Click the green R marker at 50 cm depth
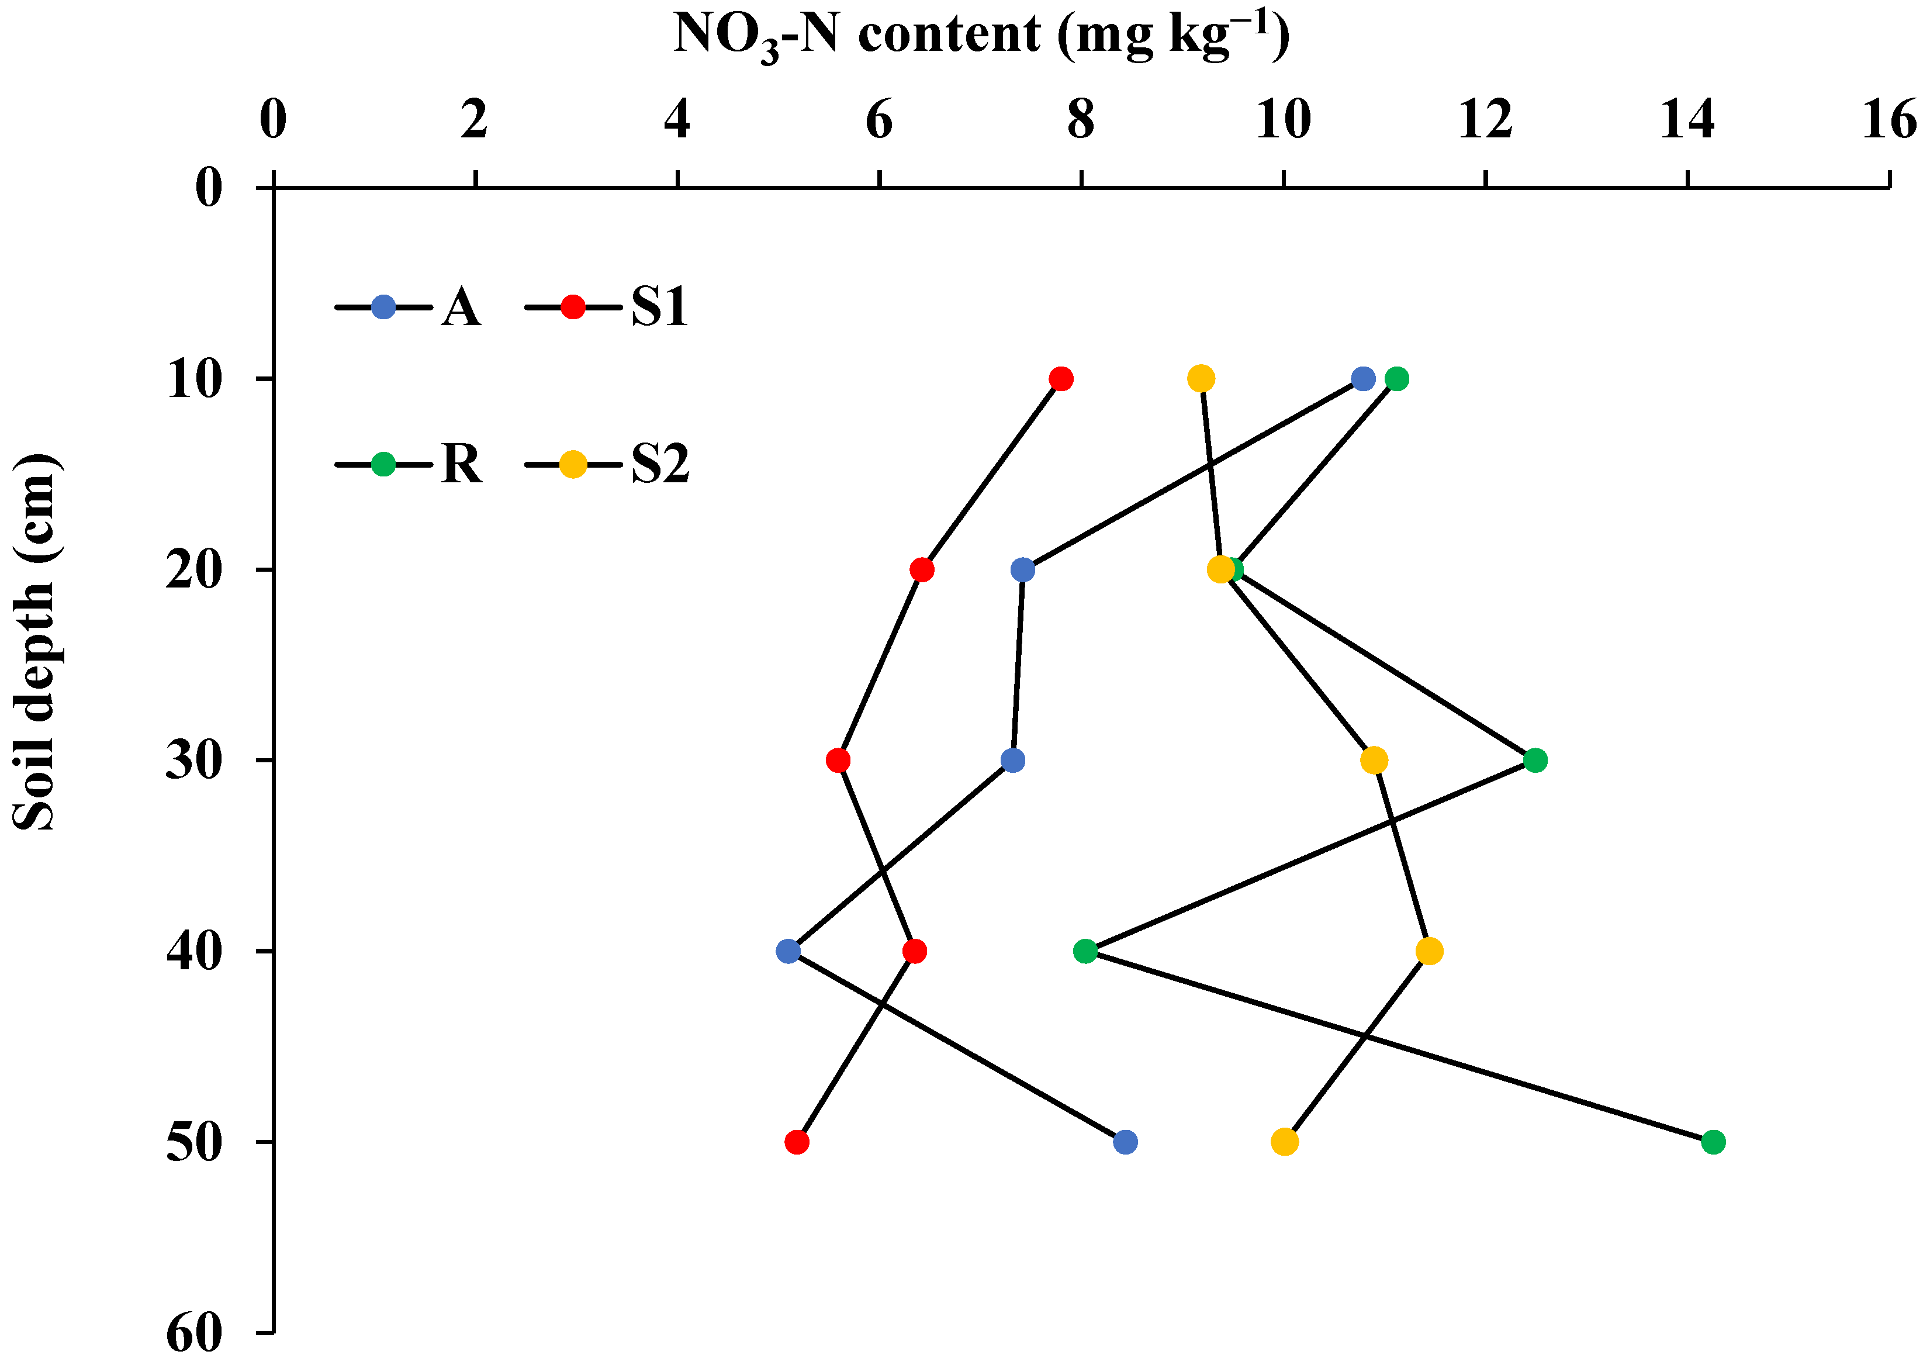tap(1713, 1142)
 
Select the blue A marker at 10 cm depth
tap(1362, 379)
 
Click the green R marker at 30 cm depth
tap(1535, 761)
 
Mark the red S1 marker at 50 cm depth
tap(797, 1142)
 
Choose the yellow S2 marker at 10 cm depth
tap(1201, 379)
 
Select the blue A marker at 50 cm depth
tap(1125, 1142)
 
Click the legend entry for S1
tap(607, 307)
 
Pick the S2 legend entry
tap(607, 464)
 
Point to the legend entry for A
tap(409, 307)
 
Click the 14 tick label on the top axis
tap(1687, 121)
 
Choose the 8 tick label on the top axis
tap(1081, 121)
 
